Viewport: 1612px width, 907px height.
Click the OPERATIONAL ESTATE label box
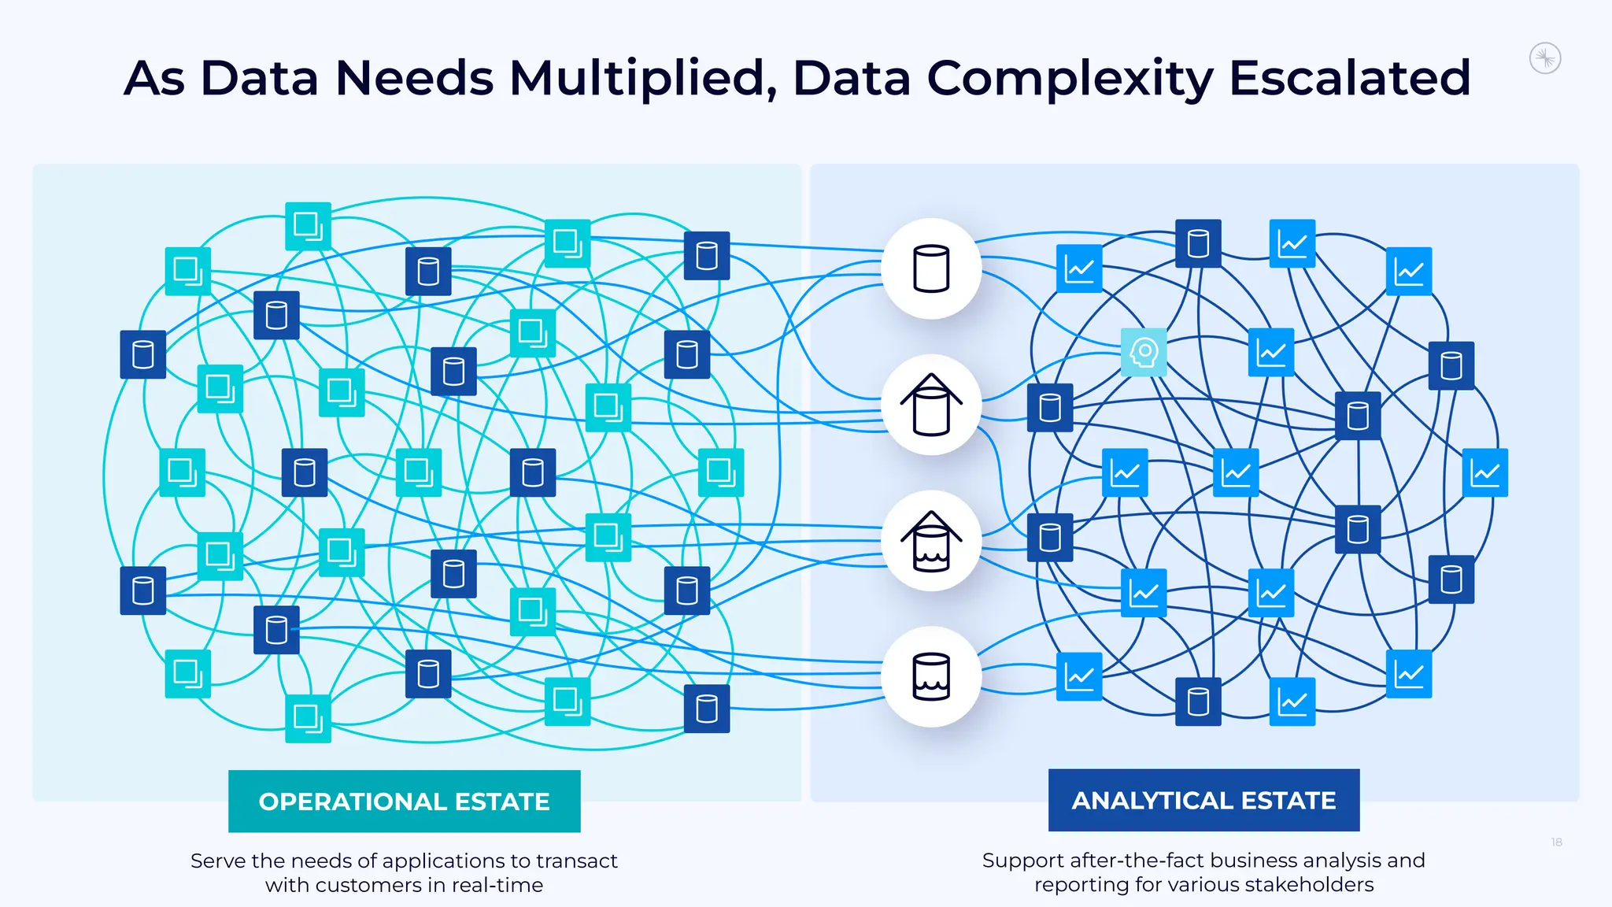pyautogui.click(x=404, y=801)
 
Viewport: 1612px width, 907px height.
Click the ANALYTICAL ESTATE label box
pyautogui.click(x=1203, y=800)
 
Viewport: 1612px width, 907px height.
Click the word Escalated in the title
pyautogui.click(x=1349, y=78)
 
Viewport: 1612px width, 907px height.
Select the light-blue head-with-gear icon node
pyautogui.click(x=1144, y=352)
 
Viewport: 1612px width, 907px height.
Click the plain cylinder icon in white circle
pyautogui.click(x=931, y=268)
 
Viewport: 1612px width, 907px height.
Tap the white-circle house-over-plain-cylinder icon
pyautogui.click(x=931, y=405)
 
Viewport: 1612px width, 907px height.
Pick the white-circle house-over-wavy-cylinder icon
pyautogui.click(x=931, y=541)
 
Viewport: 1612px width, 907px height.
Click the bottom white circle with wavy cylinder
pyautogui.click(x=931, y=676)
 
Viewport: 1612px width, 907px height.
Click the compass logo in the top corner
pyautogui.click(x=1544, y=58)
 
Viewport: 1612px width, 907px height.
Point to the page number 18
pyautogui.click(x=1556, y=842)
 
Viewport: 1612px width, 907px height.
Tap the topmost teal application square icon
pyautogui.click(x=308, y=226)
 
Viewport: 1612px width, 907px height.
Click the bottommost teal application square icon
pyautogui.click(x=308, y=718)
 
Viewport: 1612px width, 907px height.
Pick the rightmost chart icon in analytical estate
pyautogui.click(x=1484, y=472)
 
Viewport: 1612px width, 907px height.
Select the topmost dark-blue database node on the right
pyautogui.click(x=1198, y=243)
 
